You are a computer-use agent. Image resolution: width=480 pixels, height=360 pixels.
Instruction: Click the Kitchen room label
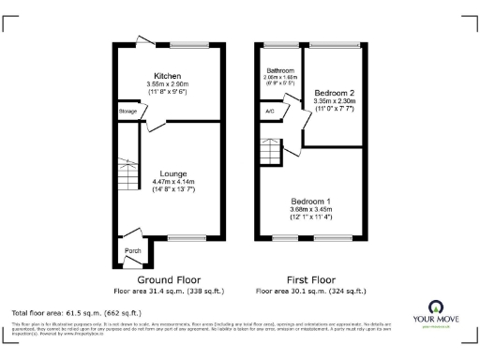(169, 76)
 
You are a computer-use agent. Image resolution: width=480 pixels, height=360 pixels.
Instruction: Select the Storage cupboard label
(127, 112)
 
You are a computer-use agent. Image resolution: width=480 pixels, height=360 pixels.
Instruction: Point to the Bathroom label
(279, 70)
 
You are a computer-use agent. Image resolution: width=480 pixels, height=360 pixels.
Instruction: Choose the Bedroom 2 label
(334, 94)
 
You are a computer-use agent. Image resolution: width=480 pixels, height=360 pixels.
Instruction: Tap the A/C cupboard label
(270, 112)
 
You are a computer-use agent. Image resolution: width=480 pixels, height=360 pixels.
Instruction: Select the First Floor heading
(309, 279)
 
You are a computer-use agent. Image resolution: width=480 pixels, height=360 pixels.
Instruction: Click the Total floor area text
(76, 312)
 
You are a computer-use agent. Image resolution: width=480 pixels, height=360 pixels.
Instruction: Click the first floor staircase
(270, 147)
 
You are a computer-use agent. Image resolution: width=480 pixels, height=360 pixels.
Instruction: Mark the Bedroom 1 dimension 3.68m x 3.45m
(309, 211)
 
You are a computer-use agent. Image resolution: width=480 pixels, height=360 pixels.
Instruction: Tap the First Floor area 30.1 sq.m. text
(309, 290)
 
